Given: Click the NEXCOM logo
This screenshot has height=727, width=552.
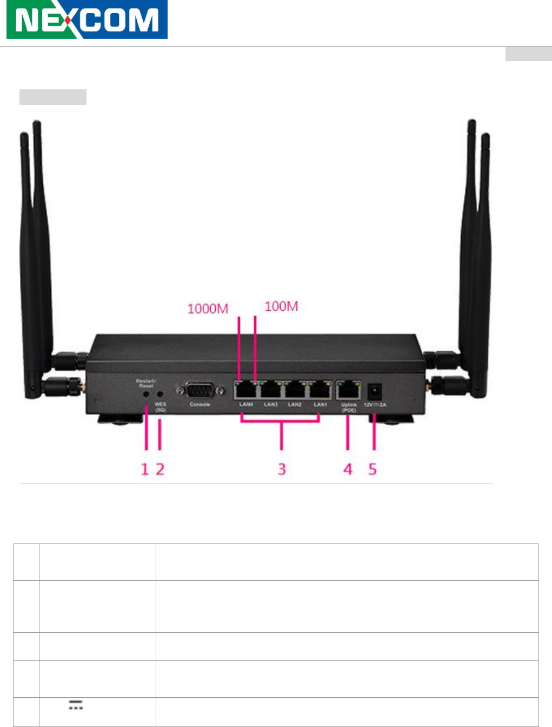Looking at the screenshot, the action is (x=87, y=20).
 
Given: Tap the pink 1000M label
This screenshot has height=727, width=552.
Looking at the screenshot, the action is (x=208, y=309).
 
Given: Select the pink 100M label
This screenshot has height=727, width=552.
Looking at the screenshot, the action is (x=281, y=306).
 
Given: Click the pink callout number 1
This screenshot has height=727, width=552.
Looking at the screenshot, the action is (x=144, y=469).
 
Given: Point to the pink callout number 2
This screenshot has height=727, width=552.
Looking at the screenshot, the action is (x=160, y=469).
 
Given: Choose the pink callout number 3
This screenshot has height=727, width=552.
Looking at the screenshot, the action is (x=282, y=469).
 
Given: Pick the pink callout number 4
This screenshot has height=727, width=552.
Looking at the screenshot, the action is (x=348, y=469).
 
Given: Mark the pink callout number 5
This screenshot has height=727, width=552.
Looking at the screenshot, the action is (x=373, y=469).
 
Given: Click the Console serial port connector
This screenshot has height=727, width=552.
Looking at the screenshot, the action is (x=199, y=390).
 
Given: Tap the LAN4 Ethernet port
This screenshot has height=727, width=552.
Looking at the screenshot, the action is (x=246, y=389).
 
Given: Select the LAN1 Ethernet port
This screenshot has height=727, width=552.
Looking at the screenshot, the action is (x=320, y=389).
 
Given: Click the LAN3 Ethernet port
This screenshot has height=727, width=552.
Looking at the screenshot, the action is (x=270, y=389).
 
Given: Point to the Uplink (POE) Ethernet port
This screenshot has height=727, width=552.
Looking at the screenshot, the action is (x=349, y=389).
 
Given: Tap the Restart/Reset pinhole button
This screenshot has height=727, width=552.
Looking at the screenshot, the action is (x=146, y=395).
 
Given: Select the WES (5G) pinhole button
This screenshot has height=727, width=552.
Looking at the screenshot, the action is (x=160, y=395).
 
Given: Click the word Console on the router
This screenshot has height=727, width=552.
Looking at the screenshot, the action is (x=199, y=404).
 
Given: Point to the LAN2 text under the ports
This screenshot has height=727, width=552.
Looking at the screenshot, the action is (x=295, y=404).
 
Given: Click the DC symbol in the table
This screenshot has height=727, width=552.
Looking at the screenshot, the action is (x=75, y=705).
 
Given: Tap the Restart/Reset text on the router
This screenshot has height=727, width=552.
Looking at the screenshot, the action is (x=146, y=383).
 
